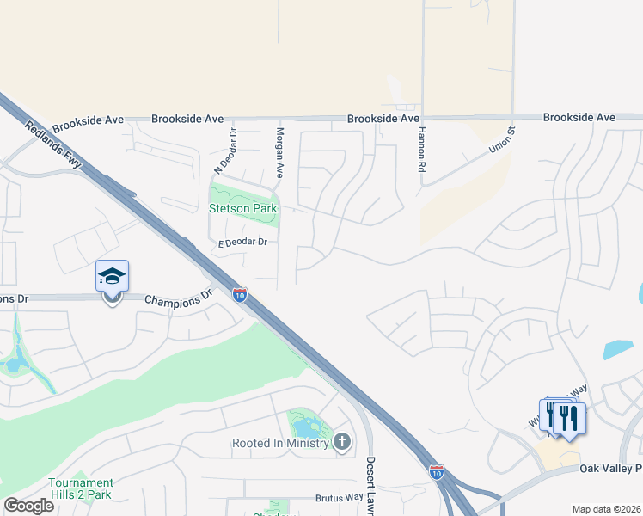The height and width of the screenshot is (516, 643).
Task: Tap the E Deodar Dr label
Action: point(243,243)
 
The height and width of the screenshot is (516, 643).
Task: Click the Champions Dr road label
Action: point(178,300)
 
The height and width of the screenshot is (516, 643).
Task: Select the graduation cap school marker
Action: point(112,276)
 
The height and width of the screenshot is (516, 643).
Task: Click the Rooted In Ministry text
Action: point(280,444)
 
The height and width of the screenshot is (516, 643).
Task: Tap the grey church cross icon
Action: point(342,443)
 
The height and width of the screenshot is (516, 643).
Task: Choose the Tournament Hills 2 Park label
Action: point(80,488)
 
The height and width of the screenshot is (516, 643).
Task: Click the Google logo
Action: point(28,506)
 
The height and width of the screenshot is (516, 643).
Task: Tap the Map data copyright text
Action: point(606,509)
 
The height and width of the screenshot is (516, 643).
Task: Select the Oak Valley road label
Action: point(610,468)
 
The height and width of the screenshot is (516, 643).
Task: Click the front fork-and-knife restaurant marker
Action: point(569,418)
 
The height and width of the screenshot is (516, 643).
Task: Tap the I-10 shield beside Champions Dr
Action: point(240,295)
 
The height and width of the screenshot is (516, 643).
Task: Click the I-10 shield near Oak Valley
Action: point(438,471)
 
